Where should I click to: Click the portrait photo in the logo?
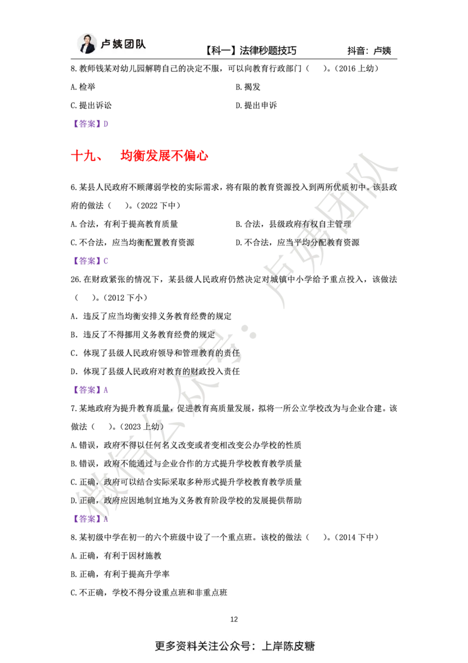pyautogui.click(x=86, y=45)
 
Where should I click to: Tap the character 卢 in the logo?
pyautogui.click(x=105, y=45)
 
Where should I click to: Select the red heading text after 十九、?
pyautogui.click(x=163, y=156)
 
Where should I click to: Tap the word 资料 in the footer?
pyautogui.click(x=186, y=647)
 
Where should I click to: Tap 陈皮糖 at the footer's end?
pyautogui.click(x=298, y=647)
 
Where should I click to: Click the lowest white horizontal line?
pyautogui.click(x=304, y=471)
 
